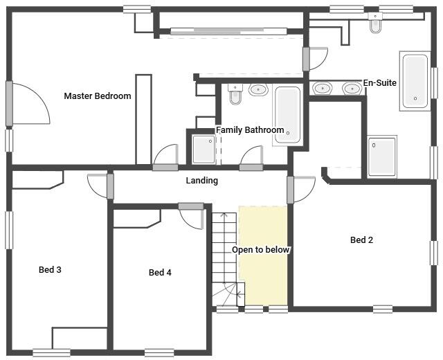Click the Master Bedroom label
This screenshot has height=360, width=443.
coord(98,96)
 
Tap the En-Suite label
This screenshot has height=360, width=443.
coord(380,83)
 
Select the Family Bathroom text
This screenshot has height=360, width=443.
coord(250,130)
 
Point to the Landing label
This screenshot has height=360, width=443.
coord(202,181)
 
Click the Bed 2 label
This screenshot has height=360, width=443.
coord(361,240)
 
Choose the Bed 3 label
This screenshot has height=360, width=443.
coord(50,269)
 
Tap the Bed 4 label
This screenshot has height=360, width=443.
coord(160,272)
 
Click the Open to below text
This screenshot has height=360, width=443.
coord(261,250)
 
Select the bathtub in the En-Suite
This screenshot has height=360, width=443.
coord(415,80)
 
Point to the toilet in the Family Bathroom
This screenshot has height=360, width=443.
coord(235,96)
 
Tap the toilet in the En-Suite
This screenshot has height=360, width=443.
coord(375,25)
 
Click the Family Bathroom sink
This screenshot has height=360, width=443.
coord(258,89)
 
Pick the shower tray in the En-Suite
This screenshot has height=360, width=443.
coord(381,156)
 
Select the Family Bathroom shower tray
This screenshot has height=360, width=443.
coord(204,149)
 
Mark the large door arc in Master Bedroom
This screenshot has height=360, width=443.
coord(31,104)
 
